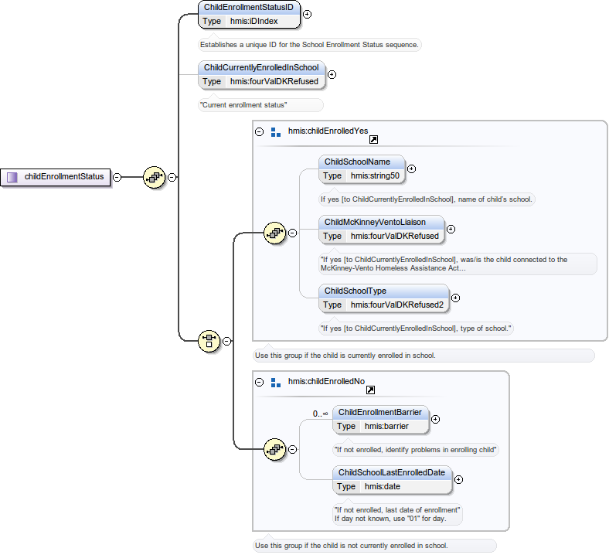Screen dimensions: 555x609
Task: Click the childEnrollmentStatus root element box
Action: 56,177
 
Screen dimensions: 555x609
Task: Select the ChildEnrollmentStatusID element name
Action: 248,7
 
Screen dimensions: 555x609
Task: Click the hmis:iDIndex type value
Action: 253,21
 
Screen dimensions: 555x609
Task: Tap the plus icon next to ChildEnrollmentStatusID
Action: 307,14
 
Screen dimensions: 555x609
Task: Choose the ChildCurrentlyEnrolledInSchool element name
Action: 260,67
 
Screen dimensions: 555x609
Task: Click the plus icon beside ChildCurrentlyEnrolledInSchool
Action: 332,75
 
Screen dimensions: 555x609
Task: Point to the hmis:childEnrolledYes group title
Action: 328,131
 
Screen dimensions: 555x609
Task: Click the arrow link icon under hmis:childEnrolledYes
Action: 373,140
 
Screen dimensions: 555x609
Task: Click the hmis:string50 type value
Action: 375,175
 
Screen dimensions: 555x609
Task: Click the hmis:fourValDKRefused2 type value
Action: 397,305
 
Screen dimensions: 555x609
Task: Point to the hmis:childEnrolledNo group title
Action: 326,381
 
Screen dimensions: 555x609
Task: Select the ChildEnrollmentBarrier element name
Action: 379,412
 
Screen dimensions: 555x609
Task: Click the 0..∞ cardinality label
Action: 321,414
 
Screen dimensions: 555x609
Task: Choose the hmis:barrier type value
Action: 386,426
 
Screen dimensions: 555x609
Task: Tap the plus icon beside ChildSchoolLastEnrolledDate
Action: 458,479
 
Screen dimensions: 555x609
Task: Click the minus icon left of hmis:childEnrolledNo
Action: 260,382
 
